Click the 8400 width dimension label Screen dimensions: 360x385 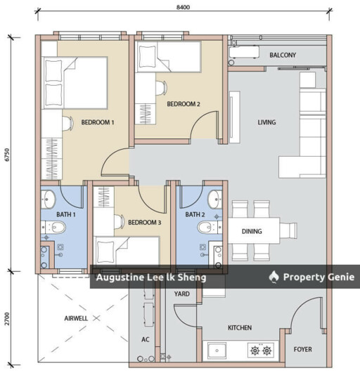click(183, 7)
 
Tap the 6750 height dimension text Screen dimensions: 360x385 click(7, 155)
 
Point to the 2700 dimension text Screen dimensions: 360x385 click(7, 319)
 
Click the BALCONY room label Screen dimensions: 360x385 click(283, 55)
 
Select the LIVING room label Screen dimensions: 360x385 click(266, 122)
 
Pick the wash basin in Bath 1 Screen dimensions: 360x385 click(48, 199)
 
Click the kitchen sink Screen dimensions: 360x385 click(217, 351)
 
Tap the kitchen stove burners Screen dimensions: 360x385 click(261, 351)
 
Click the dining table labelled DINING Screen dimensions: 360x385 click(254, 230)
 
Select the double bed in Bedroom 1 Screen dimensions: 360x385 click(75, 83)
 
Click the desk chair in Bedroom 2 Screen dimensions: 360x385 click(161, 88)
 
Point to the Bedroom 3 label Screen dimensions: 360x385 click(144, 223)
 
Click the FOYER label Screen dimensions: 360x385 click(303, 349)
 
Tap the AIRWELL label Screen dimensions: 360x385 click(76, 318)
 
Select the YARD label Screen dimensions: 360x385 click(182, 294)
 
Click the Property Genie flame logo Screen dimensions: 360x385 click(274, 277)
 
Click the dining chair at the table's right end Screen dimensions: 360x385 click(288, 230)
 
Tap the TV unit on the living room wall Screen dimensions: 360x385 click(234, 117)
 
